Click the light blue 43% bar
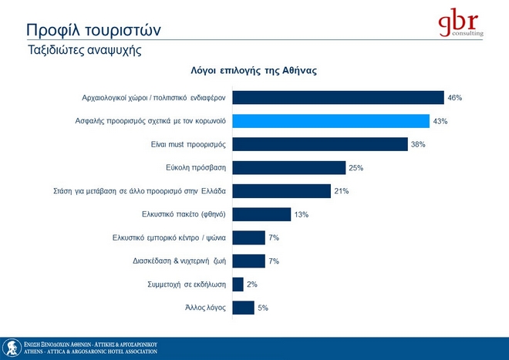331,121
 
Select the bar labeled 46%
338,98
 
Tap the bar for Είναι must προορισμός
319,144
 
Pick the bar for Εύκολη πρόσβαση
288,167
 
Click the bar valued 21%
281,190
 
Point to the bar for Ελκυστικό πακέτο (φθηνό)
261,214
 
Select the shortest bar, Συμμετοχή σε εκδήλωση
238,284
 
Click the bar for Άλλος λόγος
243,308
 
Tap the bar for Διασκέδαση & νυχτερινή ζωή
248,261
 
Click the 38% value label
418,144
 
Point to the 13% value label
301,214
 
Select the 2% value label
251,284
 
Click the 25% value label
356,167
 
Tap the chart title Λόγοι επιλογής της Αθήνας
254,69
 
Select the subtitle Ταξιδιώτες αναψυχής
85,50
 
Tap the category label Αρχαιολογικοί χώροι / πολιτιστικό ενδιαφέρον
153,98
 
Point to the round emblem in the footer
11,348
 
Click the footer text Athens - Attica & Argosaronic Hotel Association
90,352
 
